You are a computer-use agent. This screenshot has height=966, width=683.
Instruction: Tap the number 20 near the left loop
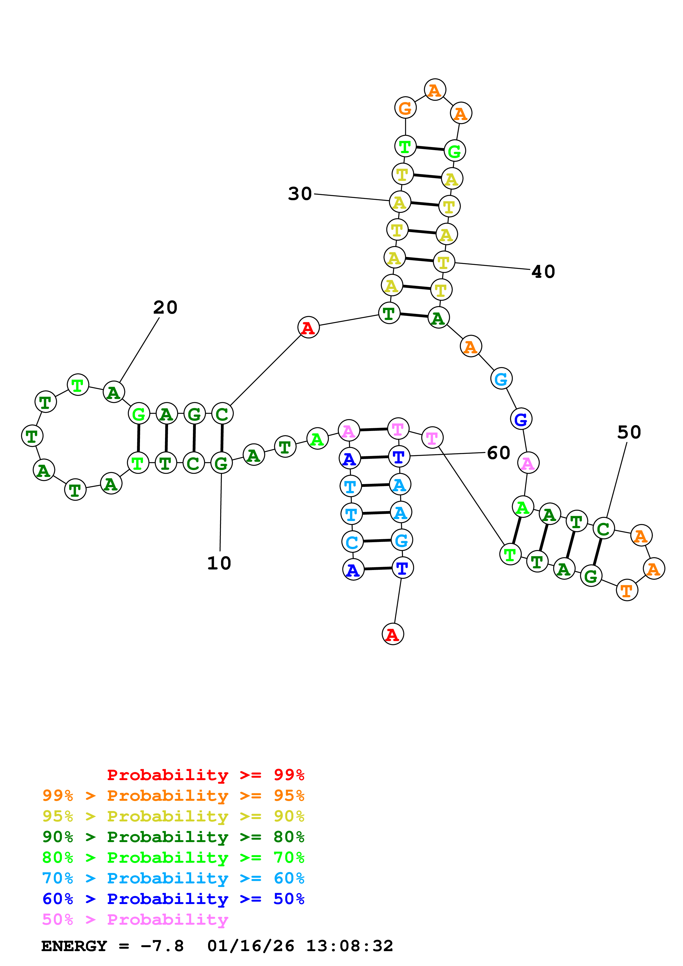pos(165,308)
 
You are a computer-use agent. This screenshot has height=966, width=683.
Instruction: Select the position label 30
pos(300,194)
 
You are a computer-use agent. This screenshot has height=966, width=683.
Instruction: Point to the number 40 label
pos(543,272)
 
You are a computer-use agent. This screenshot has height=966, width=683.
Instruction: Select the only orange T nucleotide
pos(627,590)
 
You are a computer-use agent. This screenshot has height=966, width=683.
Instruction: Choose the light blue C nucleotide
pos(352,542)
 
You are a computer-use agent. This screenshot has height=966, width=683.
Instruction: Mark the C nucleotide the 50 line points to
pos(603,529)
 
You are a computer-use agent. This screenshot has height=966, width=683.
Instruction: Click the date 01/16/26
pos(250,946)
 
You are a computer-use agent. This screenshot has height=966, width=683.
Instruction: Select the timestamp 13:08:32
pos(349,946)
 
